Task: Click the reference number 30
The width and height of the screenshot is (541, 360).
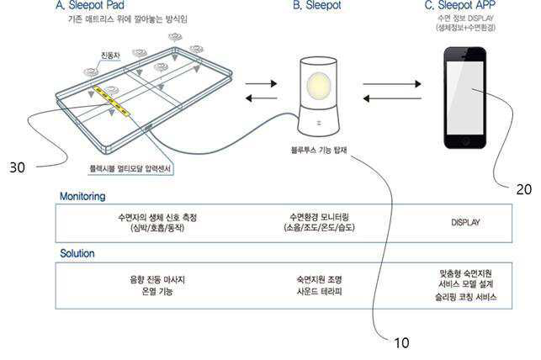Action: (17, 167)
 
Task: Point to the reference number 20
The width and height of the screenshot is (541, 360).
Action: (523, 189)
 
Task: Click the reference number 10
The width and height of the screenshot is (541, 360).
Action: (401, 342)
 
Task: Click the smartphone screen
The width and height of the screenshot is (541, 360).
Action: (464, 93)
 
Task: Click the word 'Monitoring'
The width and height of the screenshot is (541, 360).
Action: (82, 196)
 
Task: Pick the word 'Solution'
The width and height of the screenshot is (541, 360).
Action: (77, 253)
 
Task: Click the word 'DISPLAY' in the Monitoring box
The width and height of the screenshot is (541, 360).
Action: (465, 223)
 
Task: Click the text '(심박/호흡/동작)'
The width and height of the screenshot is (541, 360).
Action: (157, 228)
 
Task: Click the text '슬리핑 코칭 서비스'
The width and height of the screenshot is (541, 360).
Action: (465, 297)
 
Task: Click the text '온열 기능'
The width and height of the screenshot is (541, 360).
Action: (157, 291)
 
